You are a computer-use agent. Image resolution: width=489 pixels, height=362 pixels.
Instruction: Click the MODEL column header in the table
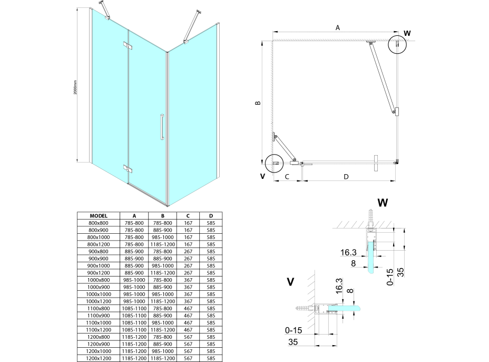point(99,216)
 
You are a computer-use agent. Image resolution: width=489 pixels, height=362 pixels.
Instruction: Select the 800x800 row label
point(99,223)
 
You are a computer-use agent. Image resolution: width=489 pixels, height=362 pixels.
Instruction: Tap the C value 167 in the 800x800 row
point(188,223)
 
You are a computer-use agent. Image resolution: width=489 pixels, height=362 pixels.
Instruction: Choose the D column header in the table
point(211,216)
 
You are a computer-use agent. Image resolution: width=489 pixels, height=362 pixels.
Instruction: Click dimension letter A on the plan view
point(338,28)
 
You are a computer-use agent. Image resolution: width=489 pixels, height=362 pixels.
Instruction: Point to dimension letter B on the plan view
point(257,103)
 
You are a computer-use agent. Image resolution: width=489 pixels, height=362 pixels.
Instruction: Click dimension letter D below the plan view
point(346,177)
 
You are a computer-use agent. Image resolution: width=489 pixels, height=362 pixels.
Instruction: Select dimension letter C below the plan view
point(287,177)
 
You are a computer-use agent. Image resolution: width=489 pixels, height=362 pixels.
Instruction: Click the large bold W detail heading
point(383,202)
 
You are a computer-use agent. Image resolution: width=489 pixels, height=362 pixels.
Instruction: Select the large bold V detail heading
point(290,282)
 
